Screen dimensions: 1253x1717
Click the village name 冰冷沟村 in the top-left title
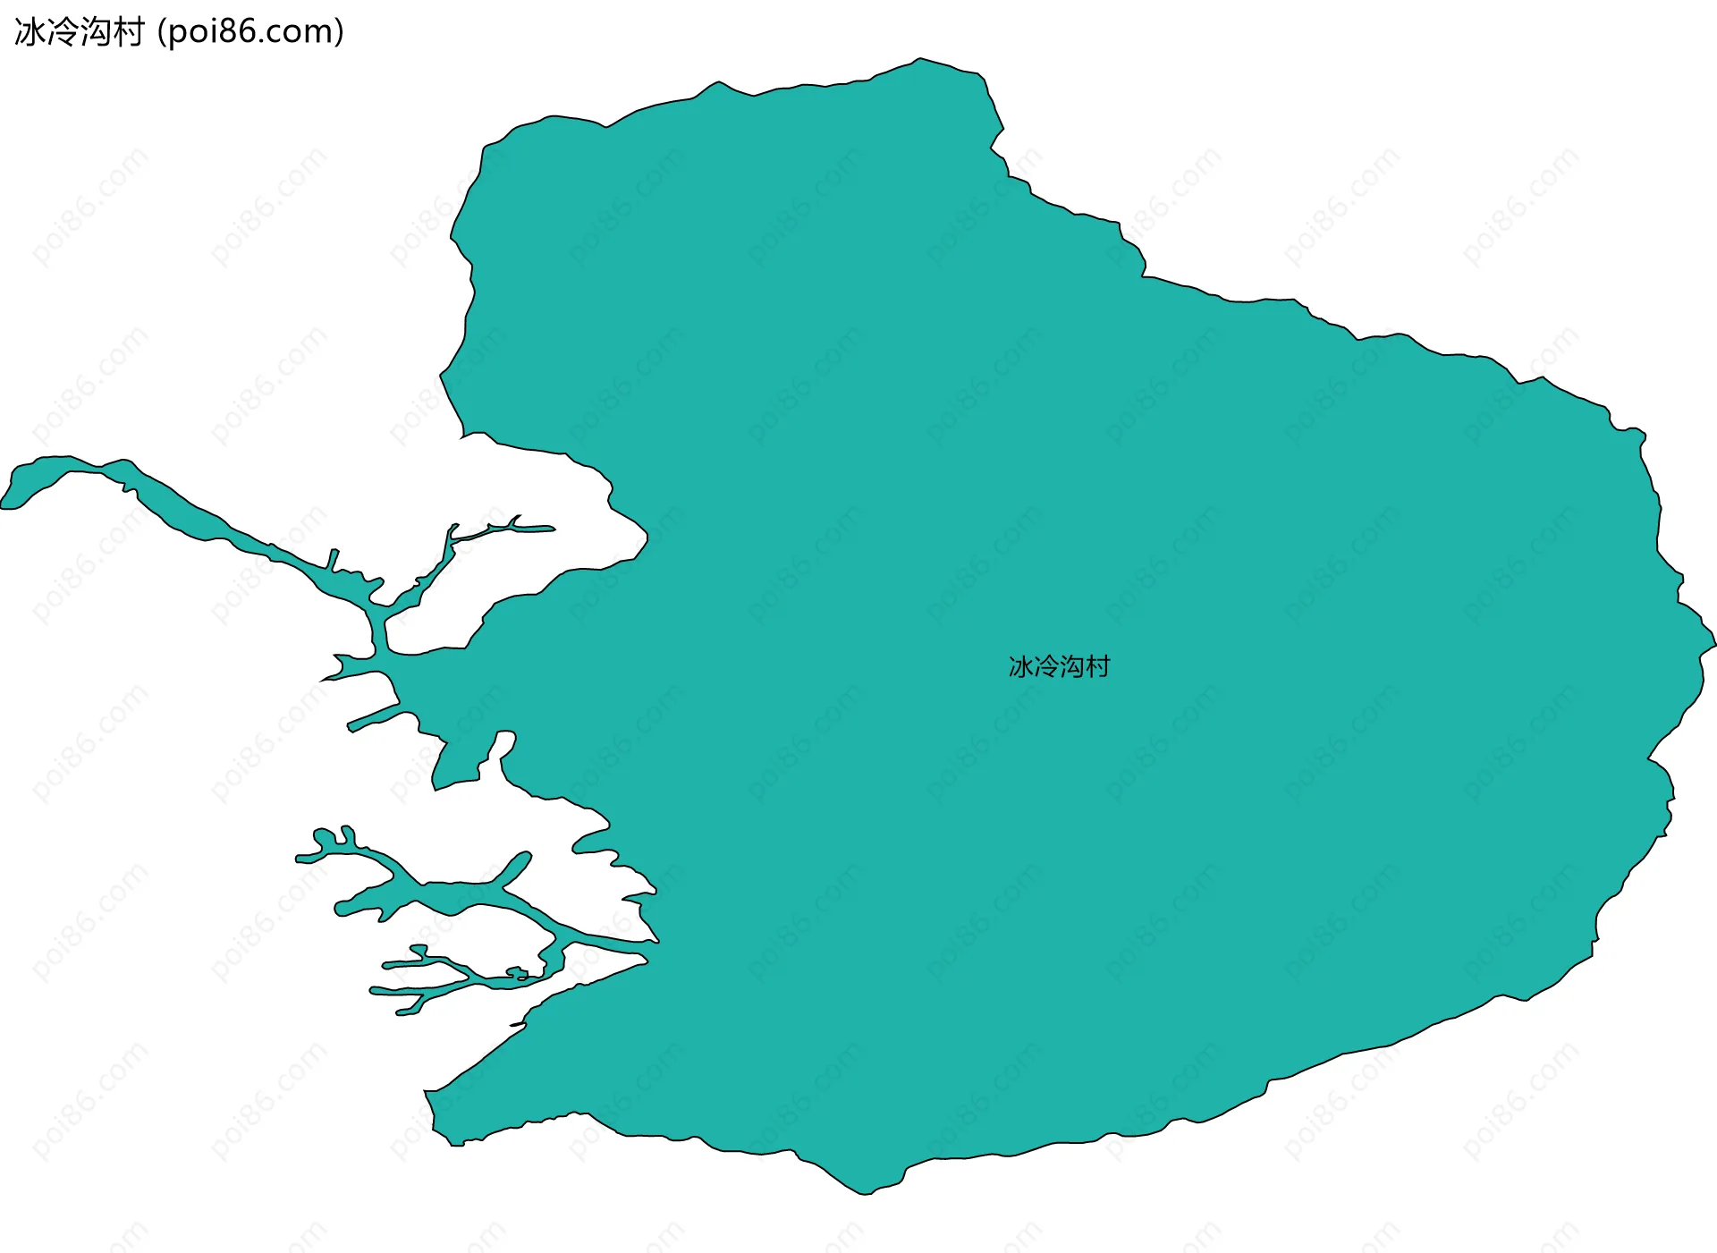[79, 32]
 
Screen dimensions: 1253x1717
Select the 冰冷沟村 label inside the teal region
[1059, 666]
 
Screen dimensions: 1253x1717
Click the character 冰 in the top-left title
[30, 32]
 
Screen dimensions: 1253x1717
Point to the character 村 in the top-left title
[128, 32]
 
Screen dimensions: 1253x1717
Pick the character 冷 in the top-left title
[63, 32]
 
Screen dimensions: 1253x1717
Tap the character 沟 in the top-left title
[96, 32]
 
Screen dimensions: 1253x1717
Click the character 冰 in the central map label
[1021, 666]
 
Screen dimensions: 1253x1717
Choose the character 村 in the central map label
[1097, 666]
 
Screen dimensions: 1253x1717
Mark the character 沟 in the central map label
[1072, 666]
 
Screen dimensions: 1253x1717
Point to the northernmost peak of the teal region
[919, 60]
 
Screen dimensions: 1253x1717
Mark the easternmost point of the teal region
[1713, 643]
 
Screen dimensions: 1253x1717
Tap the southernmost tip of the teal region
[864, 1193]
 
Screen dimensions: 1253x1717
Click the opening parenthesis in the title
[161, 32]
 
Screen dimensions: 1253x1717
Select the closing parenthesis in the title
[339, 32]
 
